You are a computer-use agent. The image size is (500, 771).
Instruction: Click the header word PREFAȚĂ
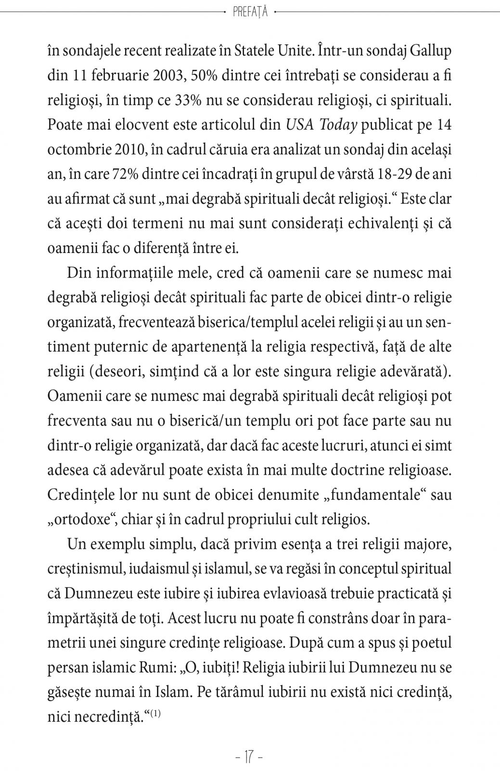tap(250, 13)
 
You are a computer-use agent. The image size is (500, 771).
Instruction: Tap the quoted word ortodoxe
tap(77, 520)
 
